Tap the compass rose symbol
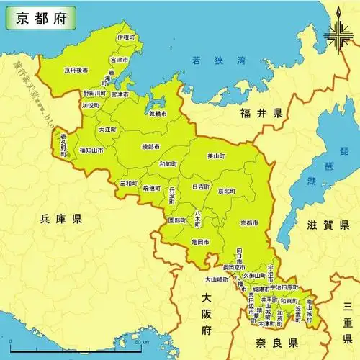[x=337, y=33]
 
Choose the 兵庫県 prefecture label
[x=62, y=218]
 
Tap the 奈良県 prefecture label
[x=274, y=342]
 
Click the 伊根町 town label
[x=125, y=37]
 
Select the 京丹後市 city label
[x=76, y=71]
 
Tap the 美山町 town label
[x=217, y=156]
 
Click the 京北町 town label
[x=225, y=191]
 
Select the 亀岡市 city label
[x=201, y=243]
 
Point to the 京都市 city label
[x=249, y=222]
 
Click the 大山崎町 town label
[x=217, y=278]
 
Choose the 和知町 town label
[x=168, y=163]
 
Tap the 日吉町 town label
[x=201, y=186]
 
